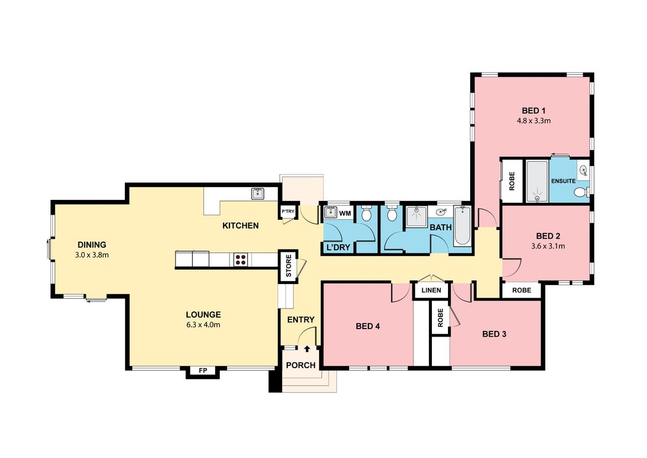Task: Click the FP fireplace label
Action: click(x=203, y=371)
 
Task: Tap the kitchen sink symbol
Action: click(x=259, y=194)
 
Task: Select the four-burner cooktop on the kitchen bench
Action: click(x=241, y=260)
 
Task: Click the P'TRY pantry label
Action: click(x=288, y=211)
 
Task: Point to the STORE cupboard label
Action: click(x=288, y=266)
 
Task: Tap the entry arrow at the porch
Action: click(x=307, y=349)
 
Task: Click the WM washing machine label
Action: click(x=345, y=214)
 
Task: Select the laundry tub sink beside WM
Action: click(x=331, y=213)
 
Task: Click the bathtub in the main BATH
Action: click(x=462, y=226)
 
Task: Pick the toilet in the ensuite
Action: click(x=581, y=192)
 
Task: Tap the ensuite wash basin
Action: click(x=584, y=169)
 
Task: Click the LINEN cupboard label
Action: click(x=431, y=290)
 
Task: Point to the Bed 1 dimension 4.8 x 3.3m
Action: click(x=534, y=121)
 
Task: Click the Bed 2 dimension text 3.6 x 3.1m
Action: click(x=548, y=246)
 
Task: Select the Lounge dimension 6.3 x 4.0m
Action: click(x=203, y=325)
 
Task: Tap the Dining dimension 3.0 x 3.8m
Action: click(x=92, y=255)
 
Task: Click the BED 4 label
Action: click(x=368, y=326)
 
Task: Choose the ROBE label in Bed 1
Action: click(x=512, y=181)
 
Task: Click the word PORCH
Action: click(x=301, y=365)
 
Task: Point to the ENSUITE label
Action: click(x=563, y=181)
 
